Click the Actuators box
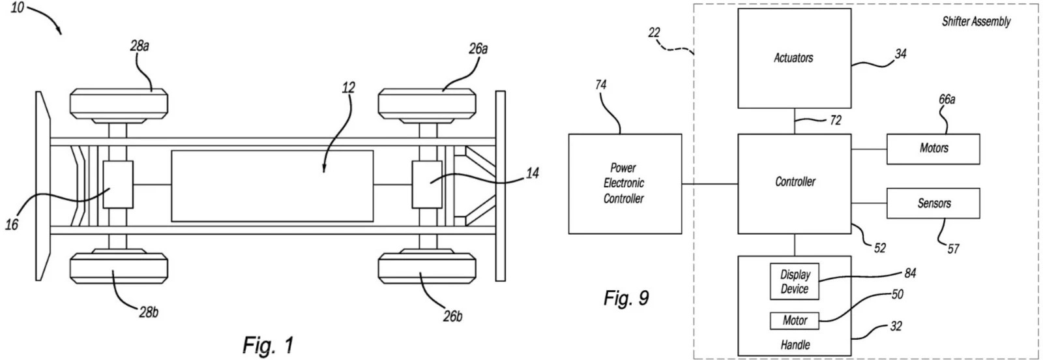[x=794, y=58]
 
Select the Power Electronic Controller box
[x=624, y=183]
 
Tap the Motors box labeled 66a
[x=933, y=149]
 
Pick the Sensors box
[x=933, y=203]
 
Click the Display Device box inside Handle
[x=794, y=282]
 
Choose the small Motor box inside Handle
[x=794, y=321]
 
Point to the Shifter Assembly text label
[x=976, y=22]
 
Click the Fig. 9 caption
[x=626, y=299]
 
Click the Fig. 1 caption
[x=268, y=344]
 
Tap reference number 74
[x=600, y=85]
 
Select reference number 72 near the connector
[x=835, y=120]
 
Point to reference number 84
[x=910, y=273]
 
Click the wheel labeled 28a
[x=119, y=103]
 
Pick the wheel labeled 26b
[x=428, y=268]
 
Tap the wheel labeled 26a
[x=428, y=103]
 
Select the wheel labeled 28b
[x=119, y=268]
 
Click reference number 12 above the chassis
[x=349, y=87]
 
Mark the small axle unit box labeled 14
[x=428, y=185]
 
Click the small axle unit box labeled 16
[x=118, y=185]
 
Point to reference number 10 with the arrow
[x=18, y=8]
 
